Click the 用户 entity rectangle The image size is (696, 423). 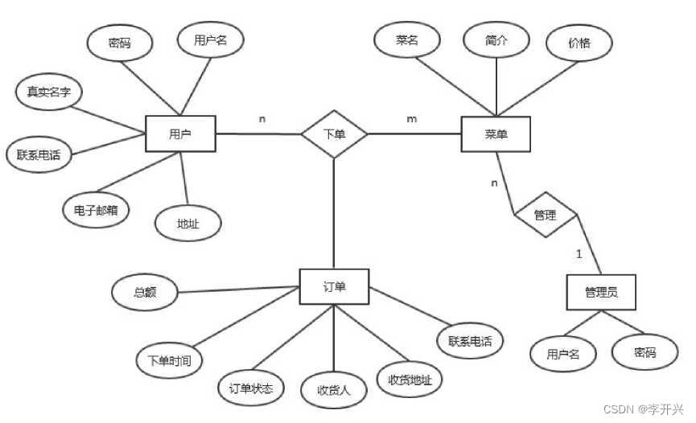(181, 133)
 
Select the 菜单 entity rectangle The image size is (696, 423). (496, 133)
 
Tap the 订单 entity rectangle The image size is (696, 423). (335, 286)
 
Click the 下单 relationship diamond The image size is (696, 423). (335, 133)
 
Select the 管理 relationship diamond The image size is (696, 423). (546, 215)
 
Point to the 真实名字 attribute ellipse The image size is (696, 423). (44, 92)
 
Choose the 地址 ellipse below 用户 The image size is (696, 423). (187, 223)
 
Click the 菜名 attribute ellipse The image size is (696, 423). (407, 40)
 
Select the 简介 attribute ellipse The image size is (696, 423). (496, 40)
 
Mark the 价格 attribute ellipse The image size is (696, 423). (579, 43)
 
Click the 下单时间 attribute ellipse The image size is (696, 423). (168, 360)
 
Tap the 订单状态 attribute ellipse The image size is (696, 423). (251, 389)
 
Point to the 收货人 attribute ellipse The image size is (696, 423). (334, 392)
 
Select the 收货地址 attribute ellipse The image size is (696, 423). (410, 379)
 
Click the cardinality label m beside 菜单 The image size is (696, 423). (412, 119)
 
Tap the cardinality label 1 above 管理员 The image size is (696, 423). (578, 253)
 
